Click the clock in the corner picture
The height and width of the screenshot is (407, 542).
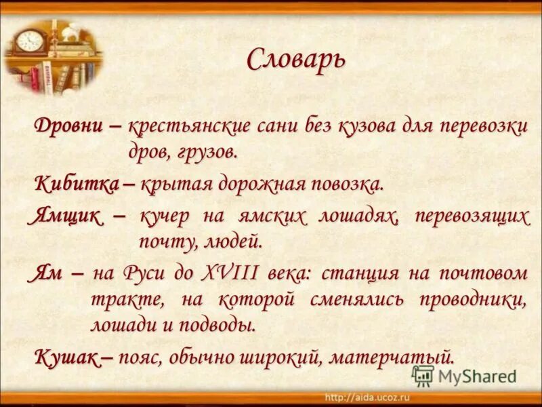(x=29, y=41)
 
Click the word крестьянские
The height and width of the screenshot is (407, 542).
(x=199, y=127)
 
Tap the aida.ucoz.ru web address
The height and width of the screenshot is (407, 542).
(x=369, y=396)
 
